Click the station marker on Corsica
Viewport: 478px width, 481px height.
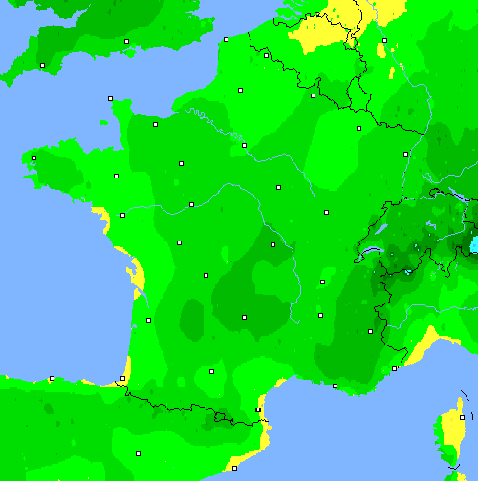[462, 417]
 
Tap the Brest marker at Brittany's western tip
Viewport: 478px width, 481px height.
[33, 157]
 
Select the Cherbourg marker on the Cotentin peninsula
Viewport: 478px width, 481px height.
[110, 98]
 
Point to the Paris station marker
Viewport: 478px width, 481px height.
[245, 145]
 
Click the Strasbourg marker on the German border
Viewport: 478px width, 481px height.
[406, 153]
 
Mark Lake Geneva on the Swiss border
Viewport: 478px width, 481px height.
[373, 254]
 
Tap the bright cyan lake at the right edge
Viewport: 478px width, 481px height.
[473, 246]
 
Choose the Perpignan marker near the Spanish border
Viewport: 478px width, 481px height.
[258, 410]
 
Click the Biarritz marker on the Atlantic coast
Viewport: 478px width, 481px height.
[122, 379]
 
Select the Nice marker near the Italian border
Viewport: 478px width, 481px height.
[394, 368]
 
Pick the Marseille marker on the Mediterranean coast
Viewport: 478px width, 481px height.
[335, 386]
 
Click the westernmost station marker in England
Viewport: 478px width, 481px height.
[42, 65]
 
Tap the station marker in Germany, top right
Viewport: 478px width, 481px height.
[384, 41]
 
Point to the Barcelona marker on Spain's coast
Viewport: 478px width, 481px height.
[234, 468]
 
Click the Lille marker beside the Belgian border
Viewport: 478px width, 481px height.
[266, 55]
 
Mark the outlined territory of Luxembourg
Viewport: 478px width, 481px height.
[358, 95]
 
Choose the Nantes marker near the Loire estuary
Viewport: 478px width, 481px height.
[122, 215]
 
